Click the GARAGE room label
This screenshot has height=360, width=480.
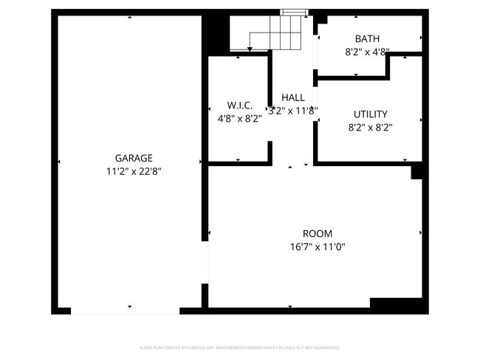pyautogui.click(x=134, y=158)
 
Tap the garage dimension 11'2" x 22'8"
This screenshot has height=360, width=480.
pyautogui.click(x=134, y=171)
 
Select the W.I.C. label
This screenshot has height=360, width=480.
pyautogui.click(x=240, y=105)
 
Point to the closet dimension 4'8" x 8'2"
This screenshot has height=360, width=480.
pyautogui.click(x=240, y=118)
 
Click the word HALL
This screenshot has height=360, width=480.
pyautogui.click(x=293, y=97)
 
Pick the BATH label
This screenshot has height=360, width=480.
pyautogui.click(x=367, y=39)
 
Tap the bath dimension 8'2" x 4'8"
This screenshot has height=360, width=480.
pyautogui.click(x=367, y=52)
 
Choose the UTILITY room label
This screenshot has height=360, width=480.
pyautogui.click(x=370, y=114)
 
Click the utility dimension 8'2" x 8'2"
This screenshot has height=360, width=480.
pyautogui.click(x=370, y=127)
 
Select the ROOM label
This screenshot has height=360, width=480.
pyautogui.click(x=318, y=234)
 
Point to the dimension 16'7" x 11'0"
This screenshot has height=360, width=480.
pyautogui.click(x=318, y=247)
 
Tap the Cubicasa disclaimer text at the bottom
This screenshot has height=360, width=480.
pyautogui.click(x=240, y=347)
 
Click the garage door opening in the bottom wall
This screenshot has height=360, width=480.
pyautogui.click(x=125, y=311)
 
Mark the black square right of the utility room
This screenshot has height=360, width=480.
pyautogui.click(x=417, y=170)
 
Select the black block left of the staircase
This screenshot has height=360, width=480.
pyautogui.click(x=216, y=32)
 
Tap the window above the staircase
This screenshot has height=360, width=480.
pyautogui.click(x=293, y=12)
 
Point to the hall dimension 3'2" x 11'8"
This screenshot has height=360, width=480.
pyautogui.click(x=293, y=111)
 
